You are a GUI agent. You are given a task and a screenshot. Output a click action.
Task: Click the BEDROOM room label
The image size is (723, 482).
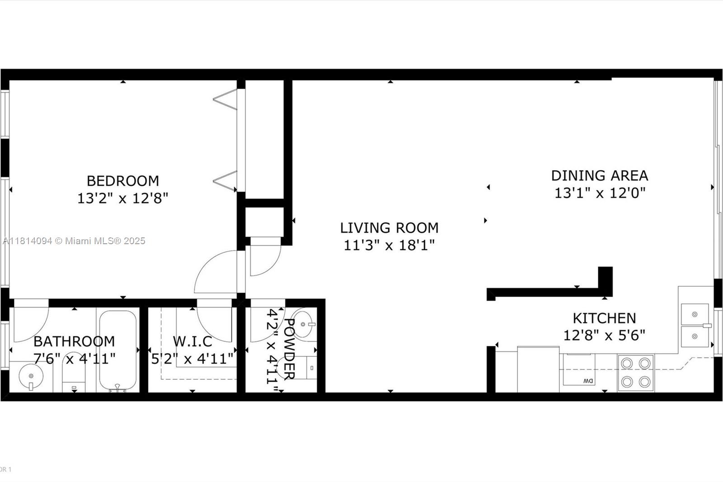click(x=123, y=181)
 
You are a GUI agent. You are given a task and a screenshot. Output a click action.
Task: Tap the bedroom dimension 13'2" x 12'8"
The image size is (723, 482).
click(x=123, y=198)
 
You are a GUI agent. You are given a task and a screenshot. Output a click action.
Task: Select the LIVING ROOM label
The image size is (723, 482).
click(x=389, y=228)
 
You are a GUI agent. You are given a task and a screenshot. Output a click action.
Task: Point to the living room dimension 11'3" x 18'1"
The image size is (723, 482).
click(x=389, y=245)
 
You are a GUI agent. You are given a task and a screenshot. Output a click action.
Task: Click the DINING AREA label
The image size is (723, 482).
click(x=600, y=176)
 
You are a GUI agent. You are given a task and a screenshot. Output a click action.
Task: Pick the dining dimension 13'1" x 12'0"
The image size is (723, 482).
click(x=600, y=193)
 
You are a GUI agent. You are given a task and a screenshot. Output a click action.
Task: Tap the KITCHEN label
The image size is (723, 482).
click(x=605, y=318)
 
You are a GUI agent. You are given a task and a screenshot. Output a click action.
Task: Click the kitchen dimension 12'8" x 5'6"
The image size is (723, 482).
click(x=605, y=336)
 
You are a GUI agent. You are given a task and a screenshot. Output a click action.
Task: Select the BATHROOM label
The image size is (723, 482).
click(x=74, y=341)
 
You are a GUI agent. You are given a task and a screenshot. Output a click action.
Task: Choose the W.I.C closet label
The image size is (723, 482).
click(x=192, y=341)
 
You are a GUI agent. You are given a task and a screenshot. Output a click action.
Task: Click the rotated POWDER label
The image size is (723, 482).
click(x=289, y=349)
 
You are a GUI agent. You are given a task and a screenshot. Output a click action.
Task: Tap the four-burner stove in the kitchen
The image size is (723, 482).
click(x=636, y=373)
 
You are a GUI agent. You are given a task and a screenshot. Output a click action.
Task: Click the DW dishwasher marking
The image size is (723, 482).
click(x=588, y=381)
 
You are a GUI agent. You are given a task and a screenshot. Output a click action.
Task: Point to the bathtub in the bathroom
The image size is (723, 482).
click(x=117, y=350)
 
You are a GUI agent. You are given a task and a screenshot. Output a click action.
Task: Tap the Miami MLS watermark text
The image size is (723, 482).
click(x=74, y=241)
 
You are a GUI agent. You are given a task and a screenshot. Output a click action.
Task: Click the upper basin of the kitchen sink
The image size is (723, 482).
click(x=695, y=314)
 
